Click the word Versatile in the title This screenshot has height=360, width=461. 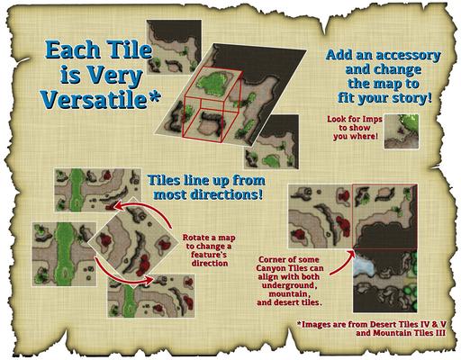[95, 99]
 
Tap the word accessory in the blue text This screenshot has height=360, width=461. [408, 56]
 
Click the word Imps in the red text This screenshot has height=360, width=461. [372, 119]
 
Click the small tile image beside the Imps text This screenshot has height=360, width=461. [402, 131]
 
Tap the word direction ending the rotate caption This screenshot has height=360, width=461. [210, 264]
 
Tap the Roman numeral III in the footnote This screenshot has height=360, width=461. [439, 333]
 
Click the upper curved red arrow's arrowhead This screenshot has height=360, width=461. [119, 206]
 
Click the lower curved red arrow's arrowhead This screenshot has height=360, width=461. [149, 281]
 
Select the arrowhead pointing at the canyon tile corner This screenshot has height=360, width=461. [352, 254]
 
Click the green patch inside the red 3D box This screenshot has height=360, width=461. [213, 82]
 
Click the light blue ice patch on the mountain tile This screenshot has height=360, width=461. [364, 266]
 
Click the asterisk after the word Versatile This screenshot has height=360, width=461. [154, 97]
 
